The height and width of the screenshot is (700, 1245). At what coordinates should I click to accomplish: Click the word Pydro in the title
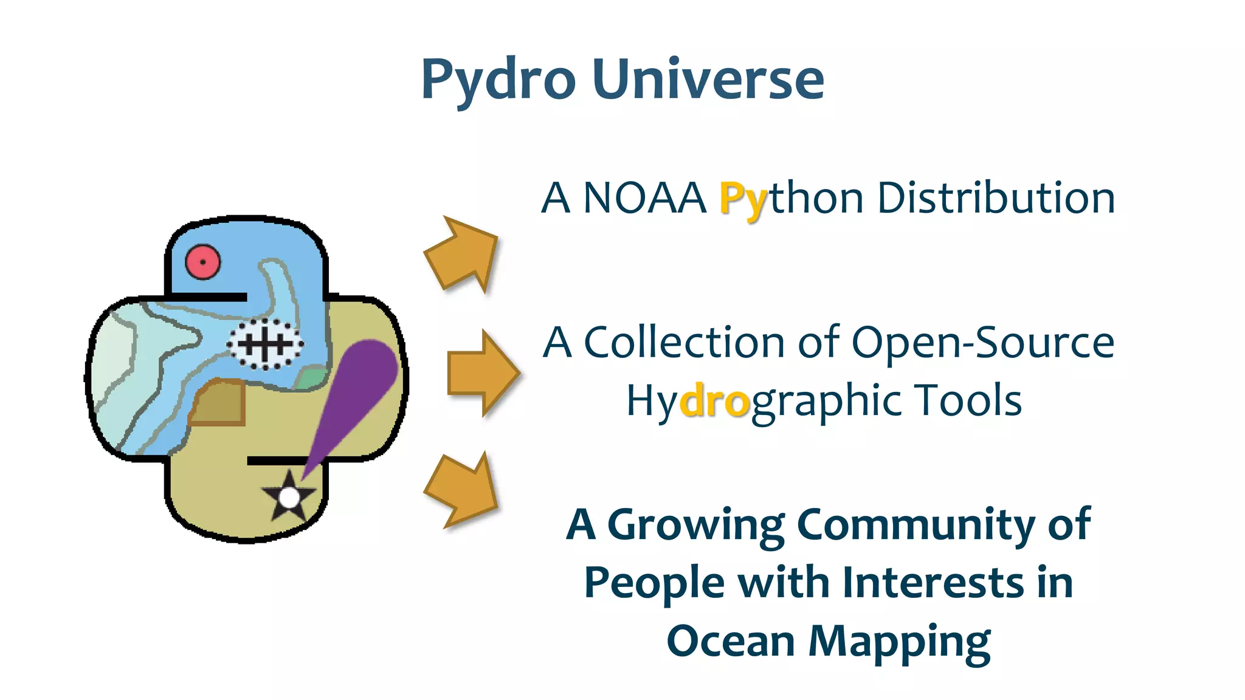(498, 80)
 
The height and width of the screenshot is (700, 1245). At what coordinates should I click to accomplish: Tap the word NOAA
(644, 198)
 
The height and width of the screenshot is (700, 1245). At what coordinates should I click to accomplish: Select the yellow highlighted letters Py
(743, 199)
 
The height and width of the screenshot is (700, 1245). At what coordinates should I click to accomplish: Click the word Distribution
(996, 198)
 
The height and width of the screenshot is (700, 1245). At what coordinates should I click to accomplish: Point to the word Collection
(685, 342)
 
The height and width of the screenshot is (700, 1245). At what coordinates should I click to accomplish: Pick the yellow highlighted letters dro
(714, 401)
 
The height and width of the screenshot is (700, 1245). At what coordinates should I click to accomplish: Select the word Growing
(696, 525)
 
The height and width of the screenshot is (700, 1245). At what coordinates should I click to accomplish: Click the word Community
(916, 525)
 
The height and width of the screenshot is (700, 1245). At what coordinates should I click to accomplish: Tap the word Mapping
(899, 642)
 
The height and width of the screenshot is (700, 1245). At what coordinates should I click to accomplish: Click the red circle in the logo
(202, 262)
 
